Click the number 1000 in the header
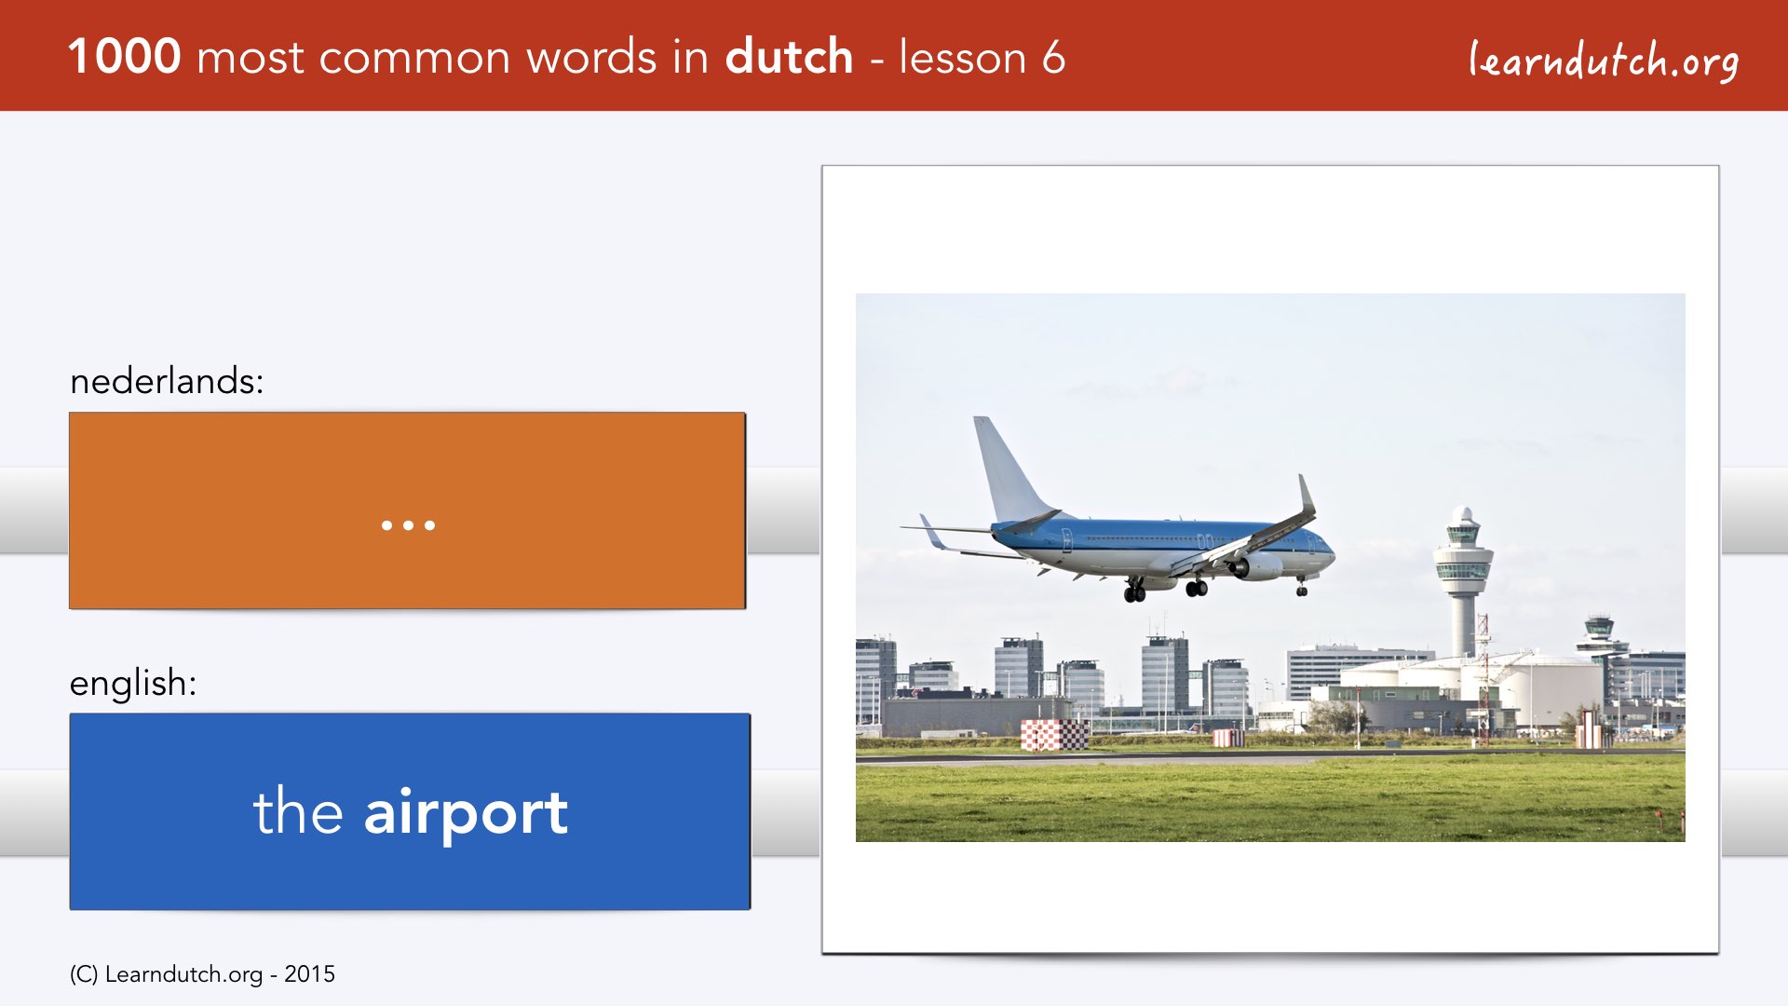(x=124, y=57)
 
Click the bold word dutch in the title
(x=789, y=56)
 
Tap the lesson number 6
(x=1053, y=57)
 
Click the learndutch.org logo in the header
(x=1604, y=61)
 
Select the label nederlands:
(x=167, y=381)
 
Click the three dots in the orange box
(x=408, y=525)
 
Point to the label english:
(x=133, y=684)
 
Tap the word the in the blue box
(x=298, y=811)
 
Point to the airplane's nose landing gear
(x=1302, y=586)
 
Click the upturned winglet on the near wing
(x=1307, y=493)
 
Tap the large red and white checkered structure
(x=1054, y=735)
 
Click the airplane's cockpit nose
(x=1325, y=551)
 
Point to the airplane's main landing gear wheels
(x=1164, y=590)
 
